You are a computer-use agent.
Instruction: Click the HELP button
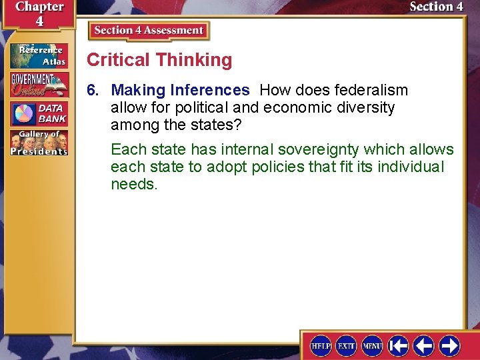[321, 345]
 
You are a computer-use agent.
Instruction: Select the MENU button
[372, 345]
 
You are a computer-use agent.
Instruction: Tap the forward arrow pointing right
[449, 345]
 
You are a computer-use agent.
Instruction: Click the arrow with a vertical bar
[398, 345]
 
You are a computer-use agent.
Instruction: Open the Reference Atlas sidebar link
[38, 55]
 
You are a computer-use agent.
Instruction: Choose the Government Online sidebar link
[38, 85]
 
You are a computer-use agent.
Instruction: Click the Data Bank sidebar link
[38, 114]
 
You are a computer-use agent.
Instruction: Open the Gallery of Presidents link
[38, 143]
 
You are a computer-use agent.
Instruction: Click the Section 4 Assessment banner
[149, 31]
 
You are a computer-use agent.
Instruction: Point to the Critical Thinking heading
[159, 60]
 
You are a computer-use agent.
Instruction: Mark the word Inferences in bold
[209, 90]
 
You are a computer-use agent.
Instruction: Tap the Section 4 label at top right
[436, 7]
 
